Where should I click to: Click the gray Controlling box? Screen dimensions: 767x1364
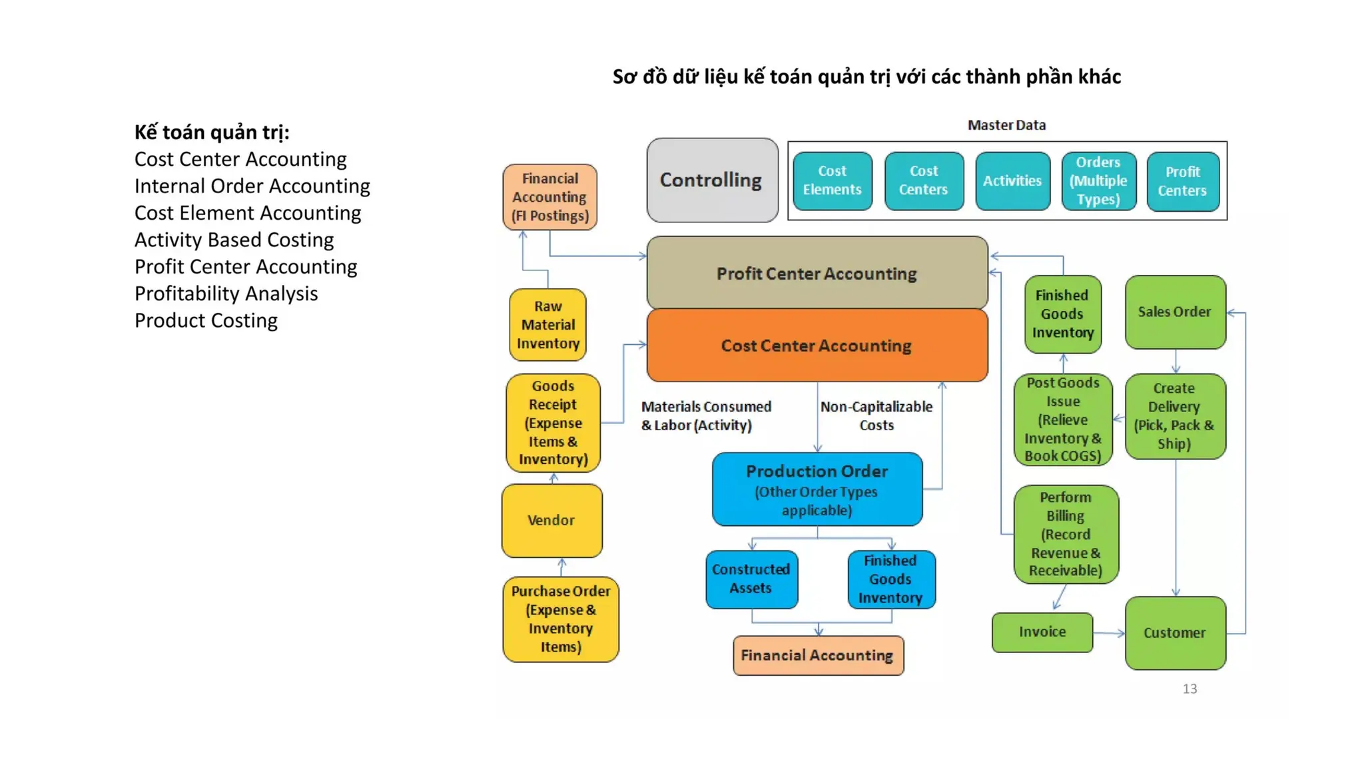tap(712, 180)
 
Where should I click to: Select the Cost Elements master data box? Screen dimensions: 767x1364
tap(832, 180)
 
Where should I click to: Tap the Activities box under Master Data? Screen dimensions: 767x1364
tap(1012, 180)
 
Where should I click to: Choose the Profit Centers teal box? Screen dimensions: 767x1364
tap(1182, 181)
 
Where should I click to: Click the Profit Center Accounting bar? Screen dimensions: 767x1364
tap(817, 273)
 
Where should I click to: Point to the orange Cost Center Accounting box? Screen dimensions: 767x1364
tap(817, 346)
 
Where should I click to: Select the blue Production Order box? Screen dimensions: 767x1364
tap(817, 489)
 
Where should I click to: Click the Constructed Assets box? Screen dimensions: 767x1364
tap(751, 579)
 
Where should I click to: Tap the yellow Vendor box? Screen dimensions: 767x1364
tap(551, 520)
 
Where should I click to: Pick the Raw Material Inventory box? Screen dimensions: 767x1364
tap(547, 325)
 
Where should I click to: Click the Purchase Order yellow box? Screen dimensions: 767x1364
tap(560, 619)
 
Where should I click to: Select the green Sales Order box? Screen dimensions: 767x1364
tap(1175, 312)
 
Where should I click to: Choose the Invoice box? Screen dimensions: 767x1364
tap(1042, 632)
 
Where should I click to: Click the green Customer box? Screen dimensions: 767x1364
tap(1175, 633)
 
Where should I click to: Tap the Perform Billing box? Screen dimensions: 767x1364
tap(1066, 534)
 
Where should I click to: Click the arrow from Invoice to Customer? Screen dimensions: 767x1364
tap(1109, 633)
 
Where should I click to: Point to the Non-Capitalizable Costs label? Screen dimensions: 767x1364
tap(876, 415)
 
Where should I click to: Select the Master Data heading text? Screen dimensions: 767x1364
tap(1006, 125)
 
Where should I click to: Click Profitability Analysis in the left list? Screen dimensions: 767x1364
tap(226, 294)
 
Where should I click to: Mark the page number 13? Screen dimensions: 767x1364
tap(1190, 689)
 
